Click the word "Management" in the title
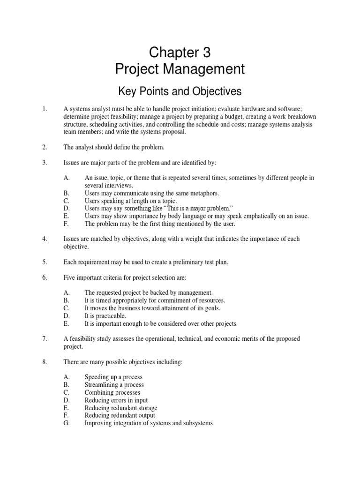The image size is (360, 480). [209, 69]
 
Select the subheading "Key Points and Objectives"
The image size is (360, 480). [180, 90]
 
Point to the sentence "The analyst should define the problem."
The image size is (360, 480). [114, 147]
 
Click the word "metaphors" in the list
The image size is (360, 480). [204, 193]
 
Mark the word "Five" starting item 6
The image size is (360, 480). [69, 277]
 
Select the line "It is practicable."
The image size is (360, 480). [105, 316]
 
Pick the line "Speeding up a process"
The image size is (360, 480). [113, 377]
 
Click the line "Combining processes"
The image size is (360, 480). [112, 392]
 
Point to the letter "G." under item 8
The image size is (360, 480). [67, 423]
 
